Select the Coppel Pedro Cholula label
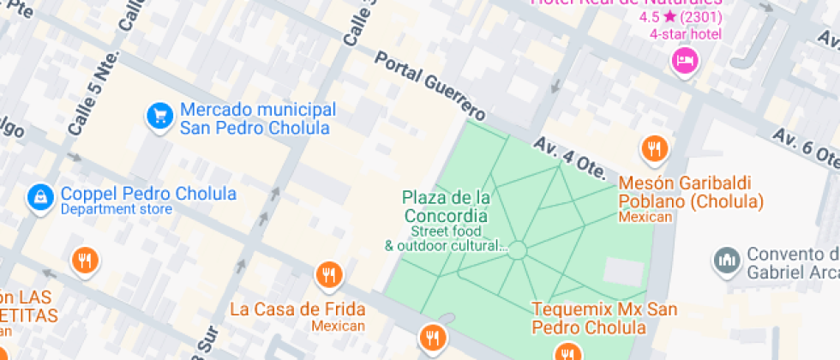pyautogui.click(x=147, y=193)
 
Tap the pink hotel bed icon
pyautogui.click(x=685, y=59)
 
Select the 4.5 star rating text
pyautogui.click(x=681, y=17)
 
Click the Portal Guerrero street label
pyautogui.click(x=430, y=85)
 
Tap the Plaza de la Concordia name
pyautogui.click(x=447, y=207)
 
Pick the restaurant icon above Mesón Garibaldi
pyautogui.click(x=654, y=148)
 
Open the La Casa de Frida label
pyautogui.click(x=297, y=309)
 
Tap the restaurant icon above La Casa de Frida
pyautogui.click(x=327, y=274)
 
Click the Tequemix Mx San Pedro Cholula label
pyautogui.click(x=592, y=318)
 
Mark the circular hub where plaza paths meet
pyautogui.click(x=517, y=249)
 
